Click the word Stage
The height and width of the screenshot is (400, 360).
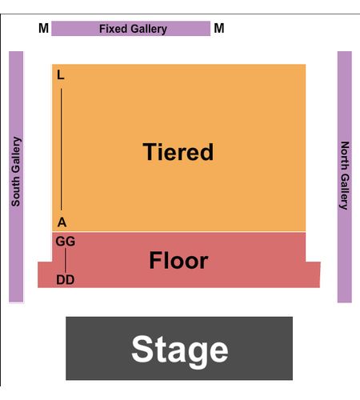click(x=180, y=350)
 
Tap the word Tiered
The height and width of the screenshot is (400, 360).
click(x=178, y=152)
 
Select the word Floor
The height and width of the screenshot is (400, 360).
click(x=178, y=260)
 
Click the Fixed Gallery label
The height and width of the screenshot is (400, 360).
click(x=133, y=29)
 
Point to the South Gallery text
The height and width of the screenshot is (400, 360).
click(x=16, y=171)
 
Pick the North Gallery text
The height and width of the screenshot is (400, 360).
click(x=345, y=175)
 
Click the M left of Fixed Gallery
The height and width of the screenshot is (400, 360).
click(x=43, y=28)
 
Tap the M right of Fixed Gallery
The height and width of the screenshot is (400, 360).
click(x=219, y=28)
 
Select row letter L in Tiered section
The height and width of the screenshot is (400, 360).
click(x=61, y=75)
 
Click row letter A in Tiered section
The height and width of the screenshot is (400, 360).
click(x=62, y=222)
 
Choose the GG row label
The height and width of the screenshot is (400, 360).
click(x=66, y=242)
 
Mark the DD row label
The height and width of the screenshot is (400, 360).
click(x=66, y=280)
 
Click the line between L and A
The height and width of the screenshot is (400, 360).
click(x=61, y=150)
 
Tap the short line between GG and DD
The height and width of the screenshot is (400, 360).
click(x=65, y=260)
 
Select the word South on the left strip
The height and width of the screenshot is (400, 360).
click(x=16, y=191)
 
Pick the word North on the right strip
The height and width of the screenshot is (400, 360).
click(x=345, y=156)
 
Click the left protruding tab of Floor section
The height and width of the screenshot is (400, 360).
click(x=45, y=274)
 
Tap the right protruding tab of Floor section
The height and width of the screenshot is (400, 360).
click(x=313, y=274)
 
